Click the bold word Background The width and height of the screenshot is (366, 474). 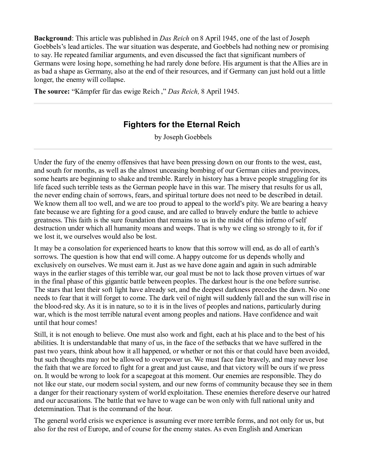point(53,38)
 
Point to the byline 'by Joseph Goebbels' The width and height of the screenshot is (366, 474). point(183,137)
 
